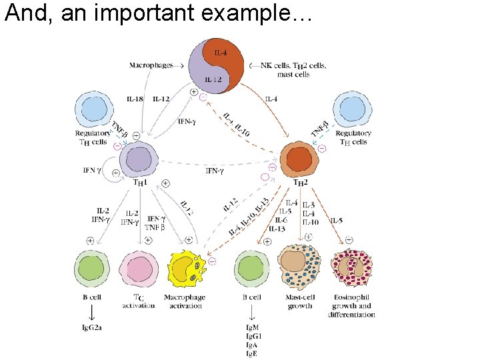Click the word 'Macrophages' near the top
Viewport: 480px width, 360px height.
(150, 65)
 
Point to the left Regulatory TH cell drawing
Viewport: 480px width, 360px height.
(92, 110)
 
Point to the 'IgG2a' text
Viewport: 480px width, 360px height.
(92, 327)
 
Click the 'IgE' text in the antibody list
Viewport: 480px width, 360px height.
(252, 353)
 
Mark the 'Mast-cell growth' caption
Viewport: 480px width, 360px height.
(299, 301)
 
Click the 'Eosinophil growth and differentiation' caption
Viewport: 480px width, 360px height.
(351, 306)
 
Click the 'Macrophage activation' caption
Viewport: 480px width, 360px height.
(186, 301)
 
